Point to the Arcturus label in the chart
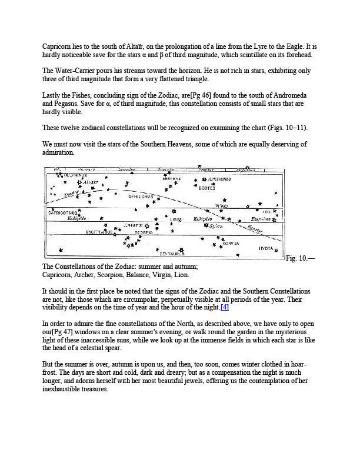point(219,178)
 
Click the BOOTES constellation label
point(206,189)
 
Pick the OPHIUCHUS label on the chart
point(141,197)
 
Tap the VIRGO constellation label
point(221,206)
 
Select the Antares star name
point(134,225)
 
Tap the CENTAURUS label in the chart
point(172,254)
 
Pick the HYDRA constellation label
point(265,248)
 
